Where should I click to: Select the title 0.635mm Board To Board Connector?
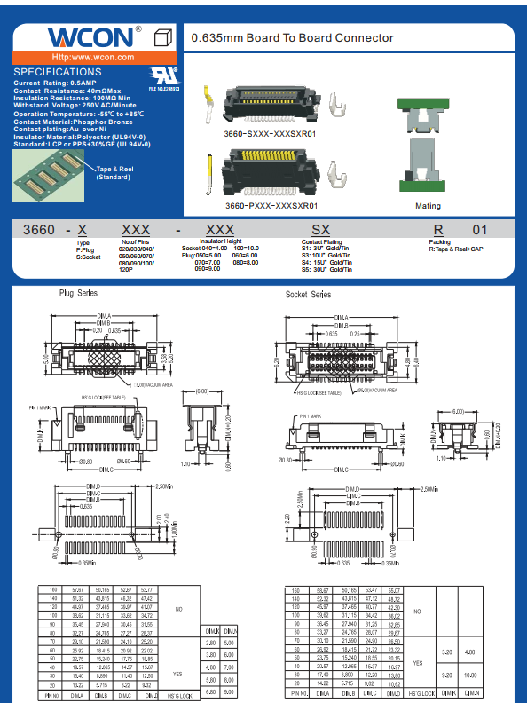click(x=292, y=38)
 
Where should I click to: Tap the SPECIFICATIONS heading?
click(x=59, y=72)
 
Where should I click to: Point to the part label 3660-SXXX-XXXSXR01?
click(x=270, y=133)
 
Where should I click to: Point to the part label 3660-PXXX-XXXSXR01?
click(x=271, y=205)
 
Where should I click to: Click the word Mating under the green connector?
click(x=428, y=206)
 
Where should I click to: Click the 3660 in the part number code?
click(x=40, y=230)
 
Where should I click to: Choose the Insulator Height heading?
click(x=220, y=241)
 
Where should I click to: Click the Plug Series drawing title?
click(x=79, y=293)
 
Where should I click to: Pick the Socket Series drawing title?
click(x=309, y=294)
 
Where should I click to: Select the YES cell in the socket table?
click(x=418, y=663)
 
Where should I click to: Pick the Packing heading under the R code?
click(x=440, y=241)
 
